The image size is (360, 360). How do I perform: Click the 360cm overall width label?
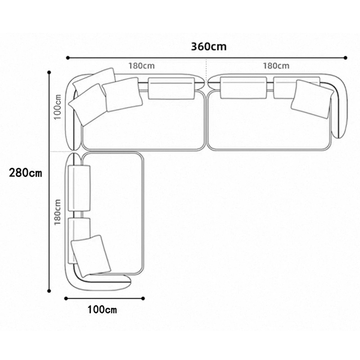[x=209, y=47]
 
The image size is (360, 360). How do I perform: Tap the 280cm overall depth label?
[x=26, y=173]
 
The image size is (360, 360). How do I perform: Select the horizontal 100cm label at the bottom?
[x=102, y=310]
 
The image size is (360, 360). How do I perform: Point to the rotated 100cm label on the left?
[x=58, y=107]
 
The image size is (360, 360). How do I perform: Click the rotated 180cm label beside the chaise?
[x=58, y=212]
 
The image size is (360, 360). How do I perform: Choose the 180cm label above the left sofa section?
[x=141, y=66]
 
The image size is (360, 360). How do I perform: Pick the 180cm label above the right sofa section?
[x=276, y=66]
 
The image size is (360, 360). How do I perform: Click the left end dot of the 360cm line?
[x=68, y=58]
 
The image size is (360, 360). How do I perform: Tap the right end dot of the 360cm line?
[x=346, y=58]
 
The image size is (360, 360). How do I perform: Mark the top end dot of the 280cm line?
[x=49, y=72]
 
